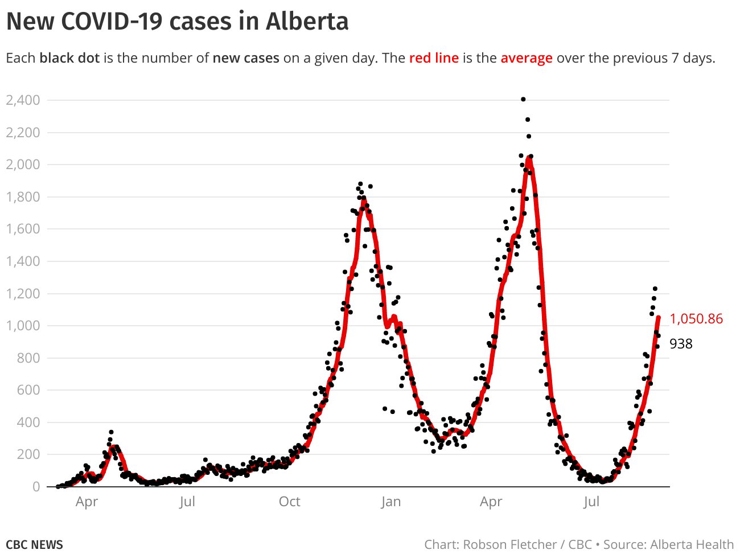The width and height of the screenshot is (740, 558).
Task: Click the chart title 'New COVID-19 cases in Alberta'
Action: (x=177, y=22)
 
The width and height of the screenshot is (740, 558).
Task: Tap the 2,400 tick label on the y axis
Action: (x=23, y=100)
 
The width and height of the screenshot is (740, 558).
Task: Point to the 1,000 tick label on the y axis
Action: (x=23, y=326)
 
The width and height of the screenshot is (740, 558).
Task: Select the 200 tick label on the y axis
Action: (x=28, y=454)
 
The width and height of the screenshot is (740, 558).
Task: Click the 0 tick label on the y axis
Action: (x=36, y=487)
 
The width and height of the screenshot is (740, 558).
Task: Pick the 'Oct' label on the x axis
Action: (x=289, y=502)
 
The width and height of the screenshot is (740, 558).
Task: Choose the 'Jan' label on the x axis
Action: (x=390, y=502)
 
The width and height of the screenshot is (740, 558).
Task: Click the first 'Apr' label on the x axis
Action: (x=87, y=502)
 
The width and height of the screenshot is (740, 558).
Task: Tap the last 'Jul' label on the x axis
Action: (x=591, y=502)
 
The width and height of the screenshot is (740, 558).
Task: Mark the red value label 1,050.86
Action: (x=696, y=319)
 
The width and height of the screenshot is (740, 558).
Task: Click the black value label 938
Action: (x=681, y=344)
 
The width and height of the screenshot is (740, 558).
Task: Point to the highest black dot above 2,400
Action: (x=523, y=99)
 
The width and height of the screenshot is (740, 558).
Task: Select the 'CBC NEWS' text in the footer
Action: (x=34, y=544)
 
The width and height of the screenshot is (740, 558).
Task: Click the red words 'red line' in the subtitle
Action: (x=434, y=58)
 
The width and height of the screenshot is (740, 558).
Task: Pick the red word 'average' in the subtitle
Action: (x=527, y=58)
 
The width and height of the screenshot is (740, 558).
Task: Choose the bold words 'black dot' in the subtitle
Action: (x=69, y=58)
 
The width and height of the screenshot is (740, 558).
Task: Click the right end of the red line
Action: (x=659, y=318)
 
